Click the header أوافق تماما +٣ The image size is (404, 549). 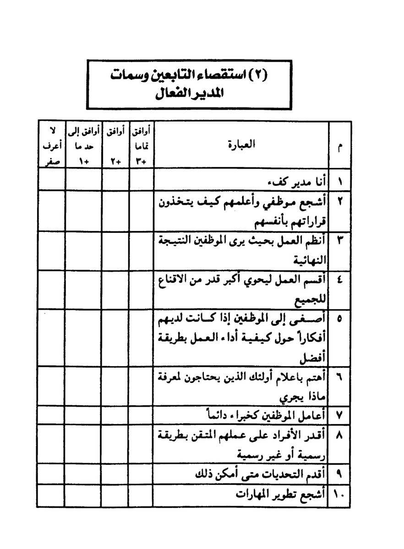140,146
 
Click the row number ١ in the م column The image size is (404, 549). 340,180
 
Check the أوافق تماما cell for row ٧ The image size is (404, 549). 140,415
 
